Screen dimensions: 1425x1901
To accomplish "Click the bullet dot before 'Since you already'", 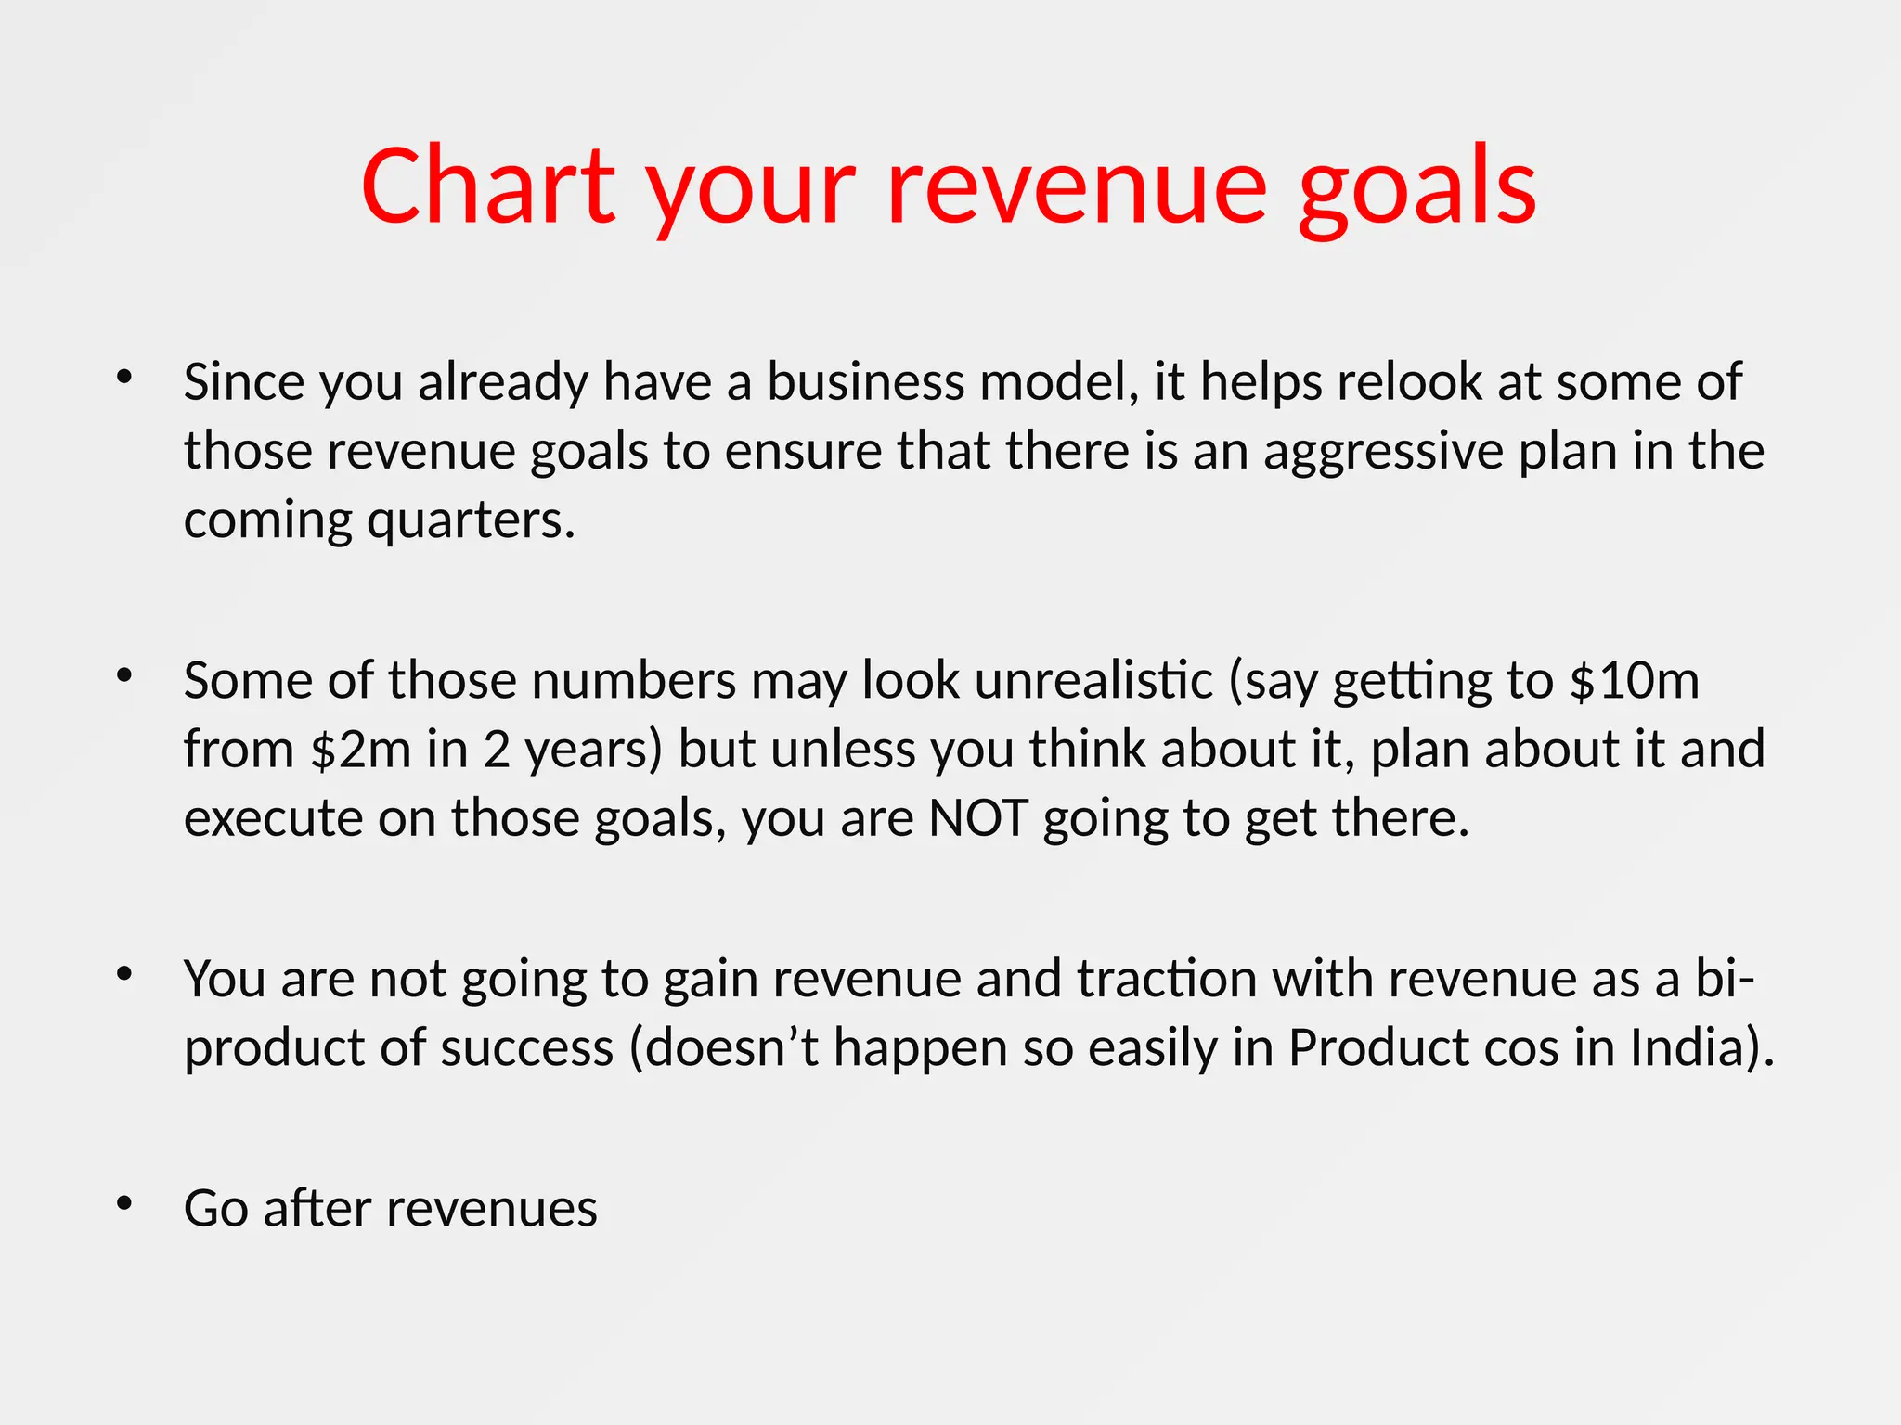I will tap(124, 377).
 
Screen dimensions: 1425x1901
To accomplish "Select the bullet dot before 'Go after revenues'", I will tap(124, 1203).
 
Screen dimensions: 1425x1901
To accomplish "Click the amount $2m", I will tap(361, 750).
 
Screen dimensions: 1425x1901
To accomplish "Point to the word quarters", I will tap(472, 521).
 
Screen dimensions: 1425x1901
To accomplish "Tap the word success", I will tap(527, 1047).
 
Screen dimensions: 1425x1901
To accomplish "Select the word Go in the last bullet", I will tap(216, 1209).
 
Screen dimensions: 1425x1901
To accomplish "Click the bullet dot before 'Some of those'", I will tap(124, 675).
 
